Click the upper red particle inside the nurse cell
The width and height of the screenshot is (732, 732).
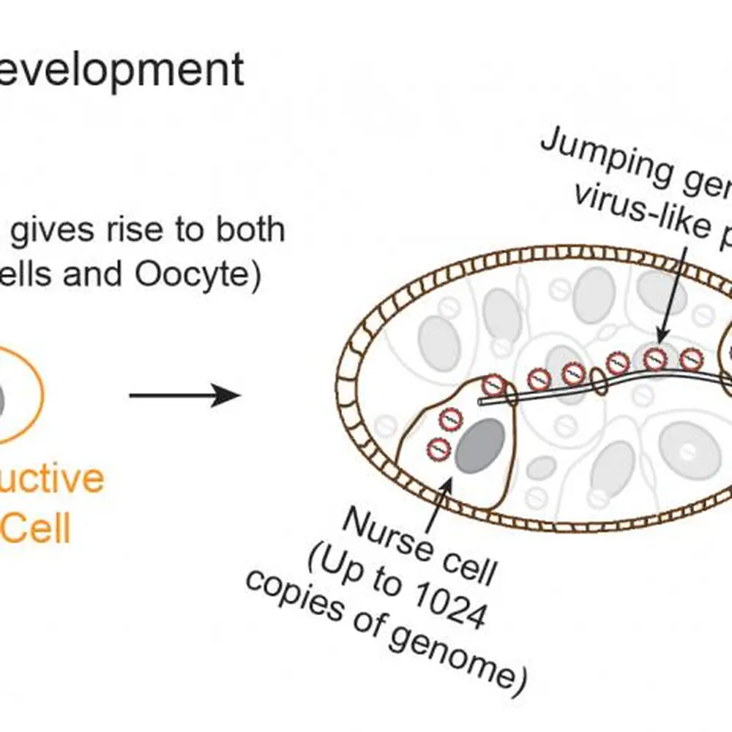[449, 420]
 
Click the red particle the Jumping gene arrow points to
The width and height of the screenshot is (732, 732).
[656, 358]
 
